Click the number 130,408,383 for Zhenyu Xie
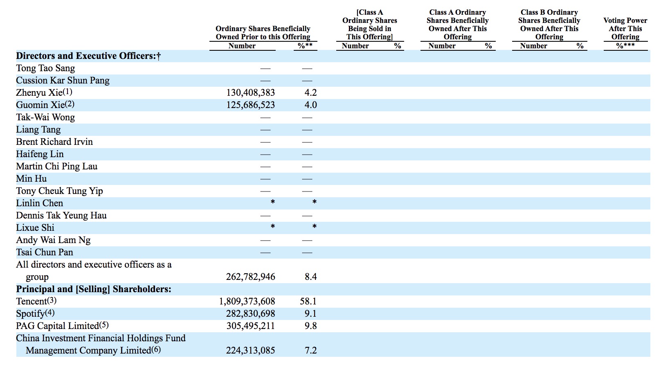(x=250, y=93)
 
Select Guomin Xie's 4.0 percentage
(x=310, y=105)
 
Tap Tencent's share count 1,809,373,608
(x=247, y=302)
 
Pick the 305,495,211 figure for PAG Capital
(x=251, y=326)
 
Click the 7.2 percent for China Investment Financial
(x=310, y=351)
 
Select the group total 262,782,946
(x=250, y=277)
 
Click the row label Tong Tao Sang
(x=45, y=68)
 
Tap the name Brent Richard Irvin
(x=54, y=142)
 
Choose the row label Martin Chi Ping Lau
(x=56, y=167)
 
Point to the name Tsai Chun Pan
(x=45, y=252)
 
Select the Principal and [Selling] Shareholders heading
(x=94, y=289)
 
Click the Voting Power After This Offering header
(x=625, y=29)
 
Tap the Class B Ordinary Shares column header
(x=549, y=25)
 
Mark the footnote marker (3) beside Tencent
(x=52, y=301)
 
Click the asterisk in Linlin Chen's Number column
(x=272, y=202)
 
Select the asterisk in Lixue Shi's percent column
(x=314, y=227)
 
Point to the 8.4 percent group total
(x=310, y=277)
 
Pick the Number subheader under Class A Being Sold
(x=355, y=46)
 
